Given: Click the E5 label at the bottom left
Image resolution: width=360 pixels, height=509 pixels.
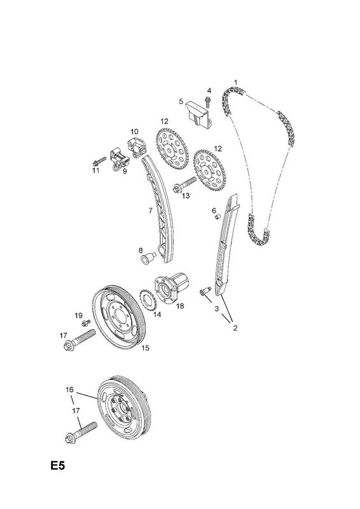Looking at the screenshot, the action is click(x=58, y=466).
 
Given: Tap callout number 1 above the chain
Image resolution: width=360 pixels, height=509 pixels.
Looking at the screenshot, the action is click(x=236, y=83).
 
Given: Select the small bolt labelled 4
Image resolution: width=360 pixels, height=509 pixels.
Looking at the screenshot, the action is click(x=208, y=101).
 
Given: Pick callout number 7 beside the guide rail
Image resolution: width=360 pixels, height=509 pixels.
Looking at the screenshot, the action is click(x=151, y=211).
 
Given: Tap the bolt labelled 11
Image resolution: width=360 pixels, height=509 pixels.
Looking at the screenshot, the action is click(x=99, y=161).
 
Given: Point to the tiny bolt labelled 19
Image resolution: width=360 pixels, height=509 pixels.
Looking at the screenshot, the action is click(x=86, y=323).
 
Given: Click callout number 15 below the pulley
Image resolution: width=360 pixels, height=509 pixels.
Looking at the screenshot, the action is click(x=146, y=348).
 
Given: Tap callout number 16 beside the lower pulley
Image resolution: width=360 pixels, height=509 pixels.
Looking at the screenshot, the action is click(x=69, y=389).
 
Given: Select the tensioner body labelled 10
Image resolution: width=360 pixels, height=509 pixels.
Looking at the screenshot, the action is click(x=136, y=145).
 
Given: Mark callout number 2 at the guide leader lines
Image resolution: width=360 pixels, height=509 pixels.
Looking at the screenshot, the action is click(x=235, y=328).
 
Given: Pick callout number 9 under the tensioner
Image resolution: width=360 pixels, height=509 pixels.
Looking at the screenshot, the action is click(x=125, y=171).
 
